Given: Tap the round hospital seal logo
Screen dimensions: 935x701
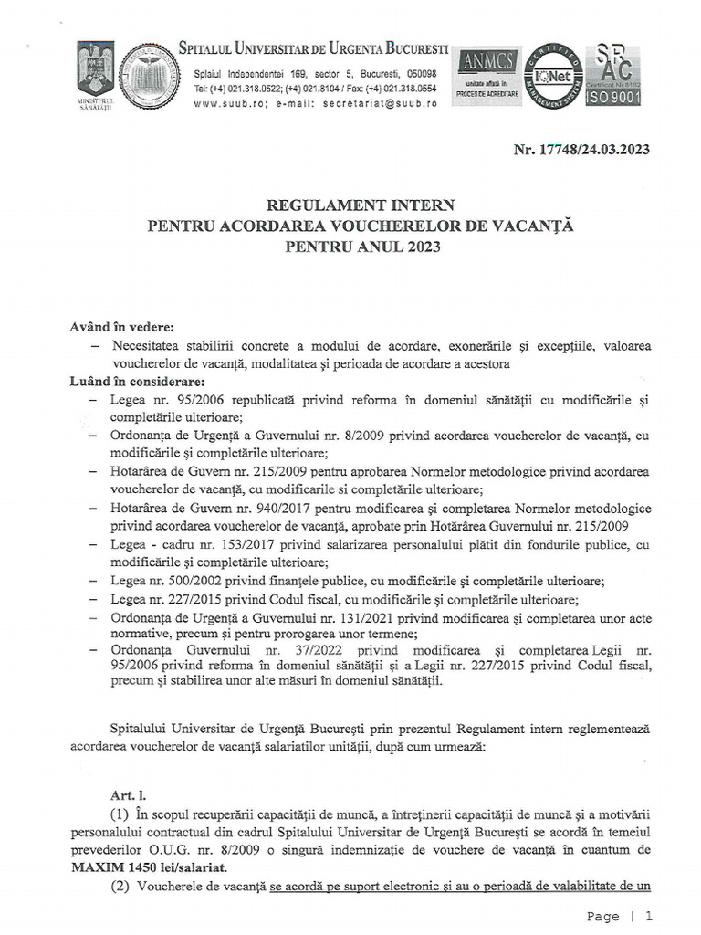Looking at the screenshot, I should tap(151, 77).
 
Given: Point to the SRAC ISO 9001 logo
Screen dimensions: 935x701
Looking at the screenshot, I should tap(612, 76).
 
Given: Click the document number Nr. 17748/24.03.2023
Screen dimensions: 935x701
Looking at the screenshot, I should tap(581, 150).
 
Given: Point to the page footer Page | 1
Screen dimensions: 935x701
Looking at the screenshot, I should tap(620, 916).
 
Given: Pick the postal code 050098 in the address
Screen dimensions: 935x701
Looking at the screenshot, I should tap(418, 74).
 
